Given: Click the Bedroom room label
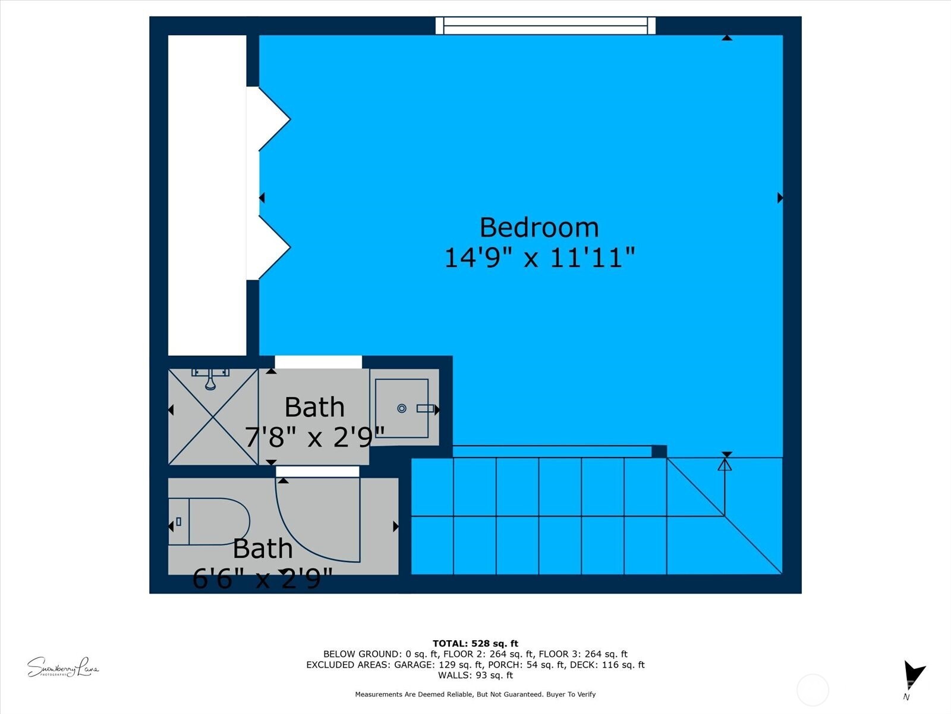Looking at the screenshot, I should point(539,228).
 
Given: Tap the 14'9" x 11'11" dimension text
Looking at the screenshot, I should point(539,258).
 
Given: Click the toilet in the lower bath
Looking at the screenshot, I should point(210,522).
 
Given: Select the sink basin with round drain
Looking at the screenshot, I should point(402,408).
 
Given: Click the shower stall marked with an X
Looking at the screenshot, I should point(213,416).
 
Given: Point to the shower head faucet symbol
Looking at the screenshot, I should point(210,378).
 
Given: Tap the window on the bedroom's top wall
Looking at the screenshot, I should point(545,26).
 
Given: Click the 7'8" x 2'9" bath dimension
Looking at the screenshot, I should point(314,438).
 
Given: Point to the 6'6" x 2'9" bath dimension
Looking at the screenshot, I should point(262,578).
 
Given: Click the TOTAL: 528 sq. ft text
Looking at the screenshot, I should point(475,643).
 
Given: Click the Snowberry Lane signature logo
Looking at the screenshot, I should point(62,668).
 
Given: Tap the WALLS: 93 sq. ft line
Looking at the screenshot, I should point(475,675).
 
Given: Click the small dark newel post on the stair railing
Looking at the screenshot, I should point(659,452).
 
